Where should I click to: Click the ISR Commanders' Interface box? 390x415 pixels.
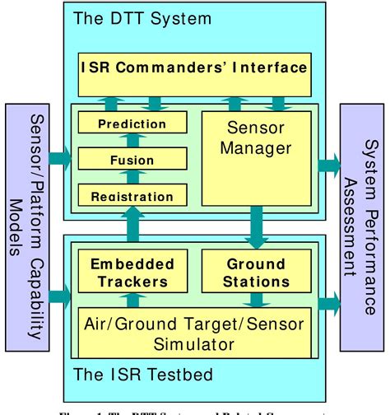pos(195,66)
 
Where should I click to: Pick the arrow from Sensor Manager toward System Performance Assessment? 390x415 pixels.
pos(327,162)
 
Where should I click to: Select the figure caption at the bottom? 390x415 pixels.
pos(195,409)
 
